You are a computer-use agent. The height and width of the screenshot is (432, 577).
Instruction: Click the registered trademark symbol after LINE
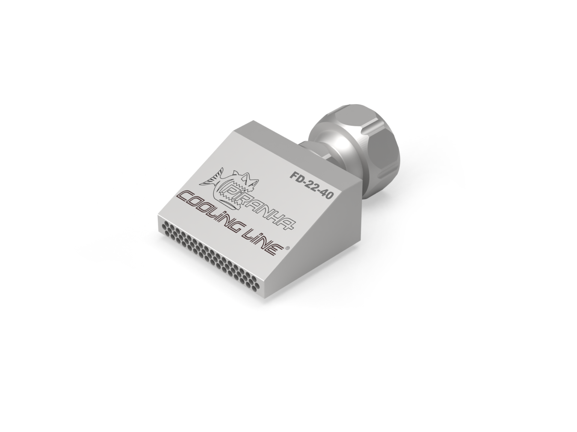point(288,248)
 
